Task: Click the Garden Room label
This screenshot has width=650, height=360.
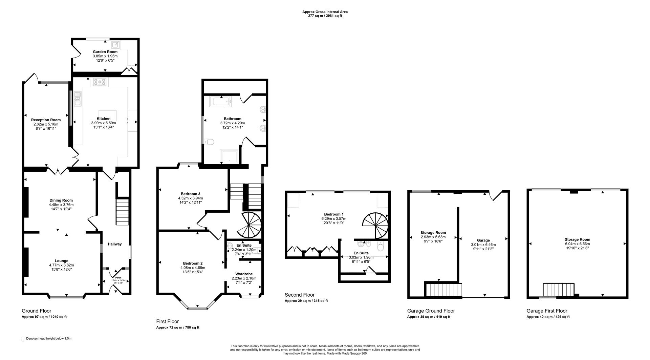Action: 105,52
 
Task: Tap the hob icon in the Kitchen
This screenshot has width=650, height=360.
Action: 100,82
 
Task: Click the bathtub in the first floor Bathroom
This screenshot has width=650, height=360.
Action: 220,101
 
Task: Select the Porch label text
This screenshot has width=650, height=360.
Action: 118,278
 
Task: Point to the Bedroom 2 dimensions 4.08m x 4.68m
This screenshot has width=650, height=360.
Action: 193,268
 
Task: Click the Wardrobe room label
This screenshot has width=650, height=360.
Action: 244,274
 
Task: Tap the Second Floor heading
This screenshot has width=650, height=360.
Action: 299,295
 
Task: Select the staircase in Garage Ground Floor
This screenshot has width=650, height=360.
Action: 443,290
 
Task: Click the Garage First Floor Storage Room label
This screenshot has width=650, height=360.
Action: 577,239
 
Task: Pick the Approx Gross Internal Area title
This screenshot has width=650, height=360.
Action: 325,12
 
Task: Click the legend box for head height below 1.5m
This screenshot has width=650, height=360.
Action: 23,339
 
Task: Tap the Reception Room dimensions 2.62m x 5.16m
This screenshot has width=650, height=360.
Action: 46,124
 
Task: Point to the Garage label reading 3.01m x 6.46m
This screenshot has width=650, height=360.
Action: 483,245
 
